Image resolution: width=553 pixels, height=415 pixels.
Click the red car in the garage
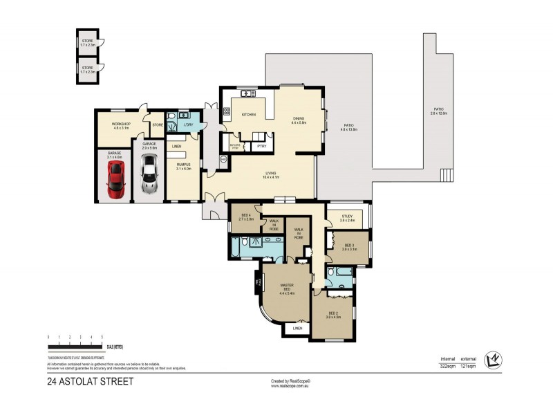tap(114, 179)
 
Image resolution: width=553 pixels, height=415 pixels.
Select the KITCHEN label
tap(249, 114)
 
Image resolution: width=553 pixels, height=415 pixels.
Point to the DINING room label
tap(299, 118)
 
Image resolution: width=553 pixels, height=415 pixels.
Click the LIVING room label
tap(270, 174)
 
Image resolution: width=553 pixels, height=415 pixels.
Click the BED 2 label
tap(335, 314)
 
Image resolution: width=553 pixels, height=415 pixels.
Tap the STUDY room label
tap(347, 216)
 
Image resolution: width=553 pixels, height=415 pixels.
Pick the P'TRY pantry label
tap(261, 146)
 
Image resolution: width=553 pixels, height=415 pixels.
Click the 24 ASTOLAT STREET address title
tap(90, 381)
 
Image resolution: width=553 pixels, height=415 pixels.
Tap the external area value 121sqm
tap(469, 365)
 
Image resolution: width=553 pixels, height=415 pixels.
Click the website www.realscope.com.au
tap(290, 386)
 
